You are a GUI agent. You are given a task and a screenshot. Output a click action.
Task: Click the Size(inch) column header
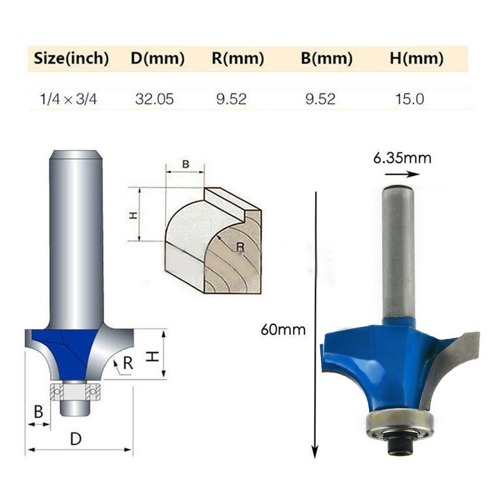click(x=71, y=59)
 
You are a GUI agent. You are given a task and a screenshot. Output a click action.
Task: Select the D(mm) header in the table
click(x=158, y=59)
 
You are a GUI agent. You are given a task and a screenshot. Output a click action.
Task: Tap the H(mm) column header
click(x=416, y=59)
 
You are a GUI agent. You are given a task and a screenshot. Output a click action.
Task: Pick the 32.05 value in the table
click(x=155, y=99)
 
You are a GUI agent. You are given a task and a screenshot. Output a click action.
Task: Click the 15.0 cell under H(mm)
click(x=409, y=99)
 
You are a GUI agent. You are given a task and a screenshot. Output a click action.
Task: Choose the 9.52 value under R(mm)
click(x=231, y=99)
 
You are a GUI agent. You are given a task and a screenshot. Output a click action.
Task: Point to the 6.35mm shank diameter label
click(x=402, y=159)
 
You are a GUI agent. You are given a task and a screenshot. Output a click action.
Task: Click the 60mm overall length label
click(x=283, y=329)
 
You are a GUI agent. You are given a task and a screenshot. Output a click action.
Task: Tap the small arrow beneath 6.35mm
click(x=402, y=174)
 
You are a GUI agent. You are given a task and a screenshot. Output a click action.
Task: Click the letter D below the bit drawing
click(x=76, y=439)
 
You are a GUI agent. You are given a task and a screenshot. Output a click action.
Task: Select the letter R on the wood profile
click(x=240, y=246)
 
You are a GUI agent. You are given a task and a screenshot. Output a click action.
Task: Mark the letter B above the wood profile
click(x=185, y=164)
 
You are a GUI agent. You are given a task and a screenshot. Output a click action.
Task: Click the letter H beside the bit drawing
click(x=155, y=355)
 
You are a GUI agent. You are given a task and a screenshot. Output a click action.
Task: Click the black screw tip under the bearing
click(x=400, y=446)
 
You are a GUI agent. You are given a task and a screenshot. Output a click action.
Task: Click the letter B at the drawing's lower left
click(x=38, y=412)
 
